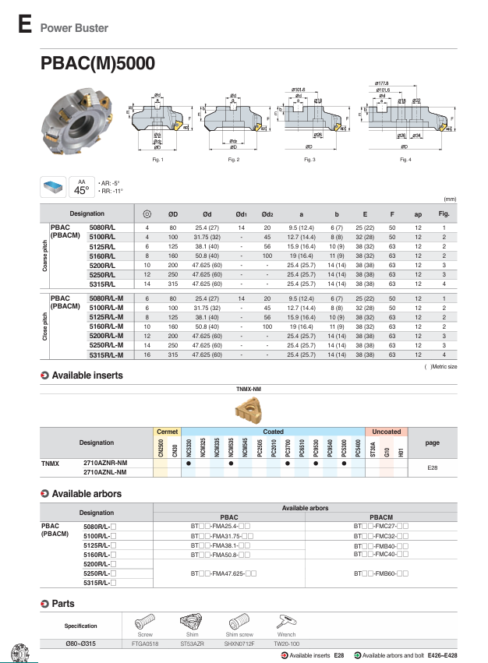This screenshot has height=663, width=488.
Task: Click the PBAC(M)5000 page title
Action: [97, 64]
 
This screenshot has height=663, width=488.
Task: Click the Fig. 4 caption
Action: [405, 160]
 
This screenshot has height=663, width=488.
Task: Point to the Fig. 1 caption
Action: [157, 160]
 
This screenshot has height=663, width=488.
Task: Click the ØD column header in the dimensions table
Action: [173, 213]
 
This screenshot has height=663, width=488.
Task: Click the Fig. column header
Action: [444, 213]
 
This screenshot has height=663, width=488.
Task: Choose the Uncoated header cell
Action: [387, 431]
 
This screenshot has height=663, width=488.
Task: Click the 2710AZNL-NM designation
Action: [105, 472]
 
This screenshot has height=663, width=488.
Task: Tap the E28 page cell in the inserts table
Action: [433, 467]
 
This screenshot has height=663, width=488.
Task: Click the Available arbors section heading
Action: [86, 494]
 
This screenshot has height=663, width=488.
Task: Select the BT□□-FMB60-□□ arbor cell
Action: [380, 573]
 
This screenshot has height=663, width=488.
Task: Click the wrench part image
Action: [287, 623]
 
